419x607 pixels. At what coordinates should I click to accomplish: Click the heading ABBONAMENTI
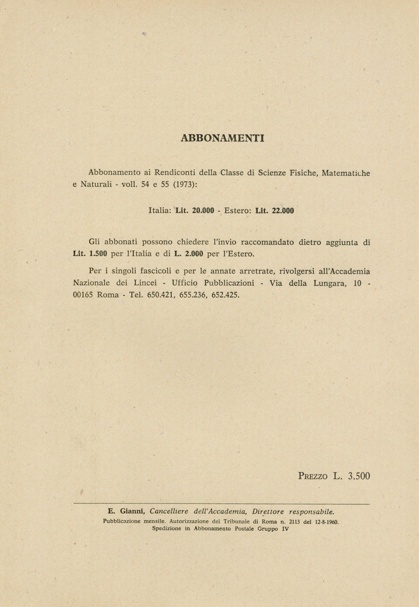tap(222, 138)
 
